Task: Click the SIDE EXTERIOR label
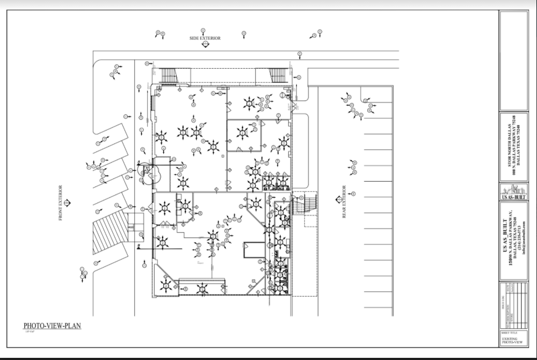[x=205, y=38]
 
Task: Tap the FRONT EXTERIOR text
[x=60, y=203]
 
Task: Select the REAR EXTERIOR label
[x=344, y=202]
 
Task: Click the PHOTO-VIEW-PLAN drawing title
[x=52, y=326]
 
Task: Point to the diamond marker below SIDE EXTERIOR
[x=205, y=45]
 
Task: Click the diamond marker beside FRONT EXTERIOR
[x=67, y=203]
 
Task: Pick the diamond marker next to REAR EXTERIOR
[x=337, y=202]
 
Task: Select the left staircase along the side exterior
[x=169, y=75]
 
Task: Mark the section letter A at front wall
[x=139, y=162]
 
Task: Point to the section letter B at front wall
[x=139, y=246]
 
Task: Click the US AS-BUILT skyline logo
[x=514, y=192]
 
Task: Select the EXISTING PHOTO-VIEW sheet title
[x=510, y=340]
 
